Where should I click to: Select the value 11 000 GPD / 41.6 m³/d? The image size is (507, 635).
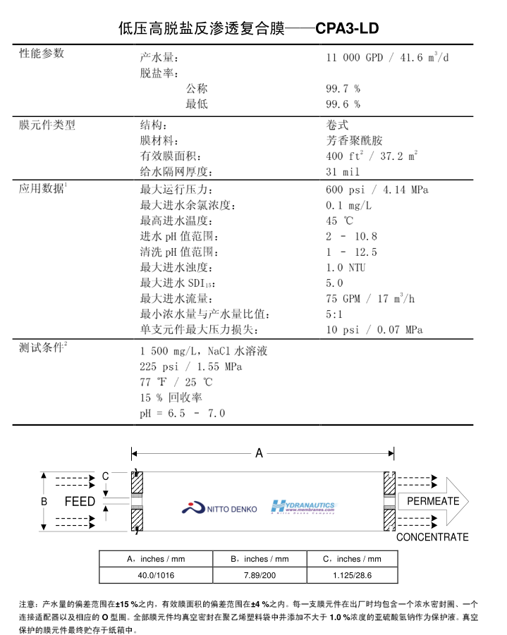coord(387,58)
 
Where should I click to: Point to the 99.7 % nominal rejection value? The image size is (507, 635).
coord(343,89)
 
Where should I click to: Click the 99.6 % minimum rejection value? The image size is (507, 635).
coord(343,104)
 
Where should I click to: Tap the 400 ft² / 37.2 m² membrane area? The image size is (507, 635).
coord(372,156)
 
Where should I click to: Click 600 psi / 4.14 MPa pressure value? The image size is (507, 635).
coord(377,190)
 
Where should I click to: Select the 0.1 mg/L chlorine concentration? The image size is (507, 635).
coord(348,205)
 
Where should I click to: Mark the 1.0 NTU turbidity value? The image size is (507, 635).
coord(346,267)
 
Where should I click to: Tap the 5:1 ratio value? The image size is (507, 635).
coord(334,314)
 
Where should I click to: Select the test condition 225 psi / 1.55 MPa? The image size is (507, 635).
coord(191,366)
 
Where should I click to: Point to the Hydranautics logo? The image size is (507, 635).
coord(304,507)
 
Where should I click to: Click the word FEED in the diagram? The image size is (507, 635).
coord(80,502)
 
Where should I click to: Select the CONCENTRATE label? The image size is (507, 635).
coord(432,537)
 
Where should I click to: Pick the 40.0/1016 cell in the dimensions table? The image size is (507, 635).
coord(156,576)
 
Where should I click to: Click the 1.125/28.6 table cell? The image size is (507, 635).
coord(351,576)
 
